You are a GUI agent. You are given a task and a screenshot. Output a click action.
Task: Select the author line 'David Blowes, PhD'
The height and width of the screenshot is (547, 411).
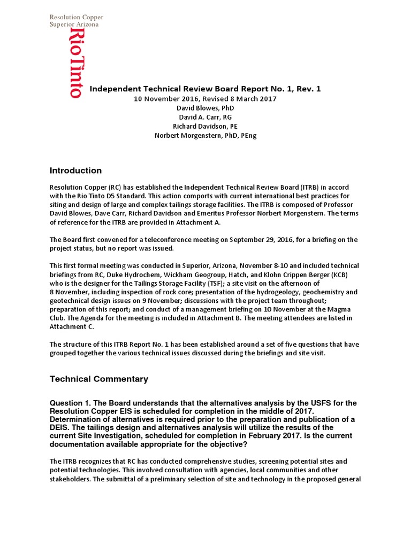point(205,108)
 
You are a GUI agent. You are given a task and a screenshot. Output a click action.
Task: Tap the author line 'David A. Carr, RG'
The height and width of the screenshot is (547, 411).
point(205,117)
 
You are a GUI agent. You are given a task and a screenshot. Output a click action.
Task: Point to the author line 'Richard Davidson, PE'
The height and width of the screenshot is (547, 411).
point(205,126)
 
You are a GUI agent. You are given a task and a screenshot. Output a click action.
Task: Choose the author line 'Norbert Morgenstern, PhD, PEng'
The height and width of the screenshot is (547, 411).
point(205,135)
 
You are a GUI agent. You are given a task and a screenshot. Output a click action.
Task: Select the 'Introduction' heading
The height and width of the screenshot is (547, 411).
point(75,171)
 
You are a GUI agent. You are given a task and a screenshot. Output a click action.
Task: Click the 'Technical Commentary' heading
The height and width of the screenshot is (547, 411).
point(98,379)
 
